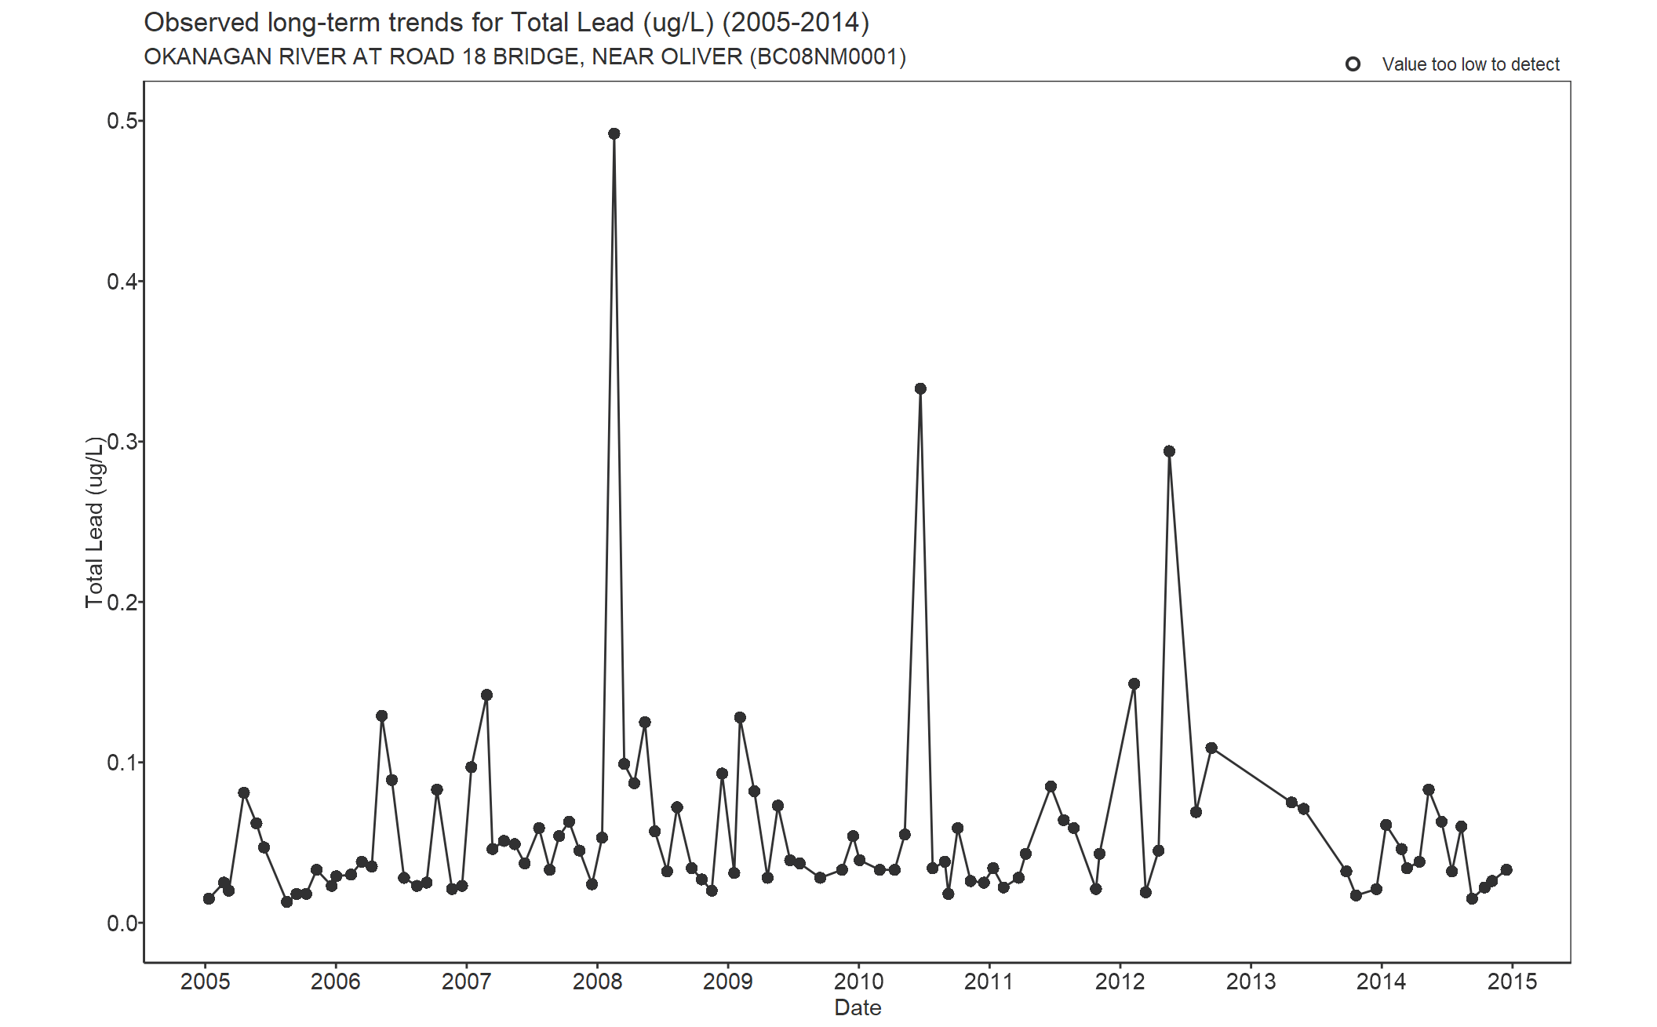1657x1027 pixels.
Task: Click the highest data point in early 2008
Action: pyautogui.click(x=614, y=134)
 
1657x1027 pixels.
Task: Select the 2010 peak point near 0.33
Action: pyautogui.click(x=920, y=389)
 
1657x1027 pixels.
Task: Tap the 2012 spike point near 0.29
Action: pyautogui.click(x=1169, y=451)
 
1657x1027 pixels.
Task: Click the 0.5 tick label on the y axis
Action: pyautogui.click(x=122, y=121)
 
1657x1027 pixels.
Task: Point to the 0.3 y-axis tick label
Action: pyautogui.click(x=122, y=442)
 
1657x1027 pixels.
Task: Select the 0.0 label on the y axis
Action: pyautogui.click(x=122, y=923)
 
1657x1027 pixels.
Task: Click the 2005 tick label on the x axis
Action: pyautogui.click(x=206, y=981)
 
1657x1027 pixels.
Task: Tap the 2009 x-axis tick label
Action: pyautogui.click(x=728, y=981)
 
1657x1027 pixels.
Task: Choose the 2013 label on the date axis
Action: pyautogui.click(x=1251, y=981)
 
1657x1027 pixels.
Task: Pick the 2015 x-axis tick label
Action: pyautogui.click(x=1512, y=981)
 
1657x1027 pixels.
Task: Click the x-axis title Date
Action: pyautogui.click(x=858, y=1008)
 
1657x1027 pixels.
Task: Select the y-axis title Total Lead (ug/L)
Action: pyautogui.click(x=94, y=522)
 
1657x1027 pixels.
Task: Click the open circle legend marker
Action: pyautogui.click(x=1353, y=64)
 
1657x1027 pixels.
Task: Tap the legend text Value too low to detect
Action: pyautogui.click(x=1470, y=64)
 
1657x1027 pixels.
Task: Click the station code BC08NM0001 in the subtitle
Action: pyautogui.click(x=828, y=57)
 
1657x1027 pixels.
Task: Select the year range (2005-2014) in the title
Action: pyautogui.click(x=796, y=23)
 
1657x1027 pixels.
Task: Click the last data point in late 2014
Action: pyautogui.click(x=1506, y=870)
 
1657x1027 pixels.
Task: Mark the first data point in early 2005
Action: pyautogui.click(x=209, y=898)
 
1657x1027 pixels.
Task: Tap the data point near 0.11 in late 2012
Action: pyautogui.click(x=1211, y=748)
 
